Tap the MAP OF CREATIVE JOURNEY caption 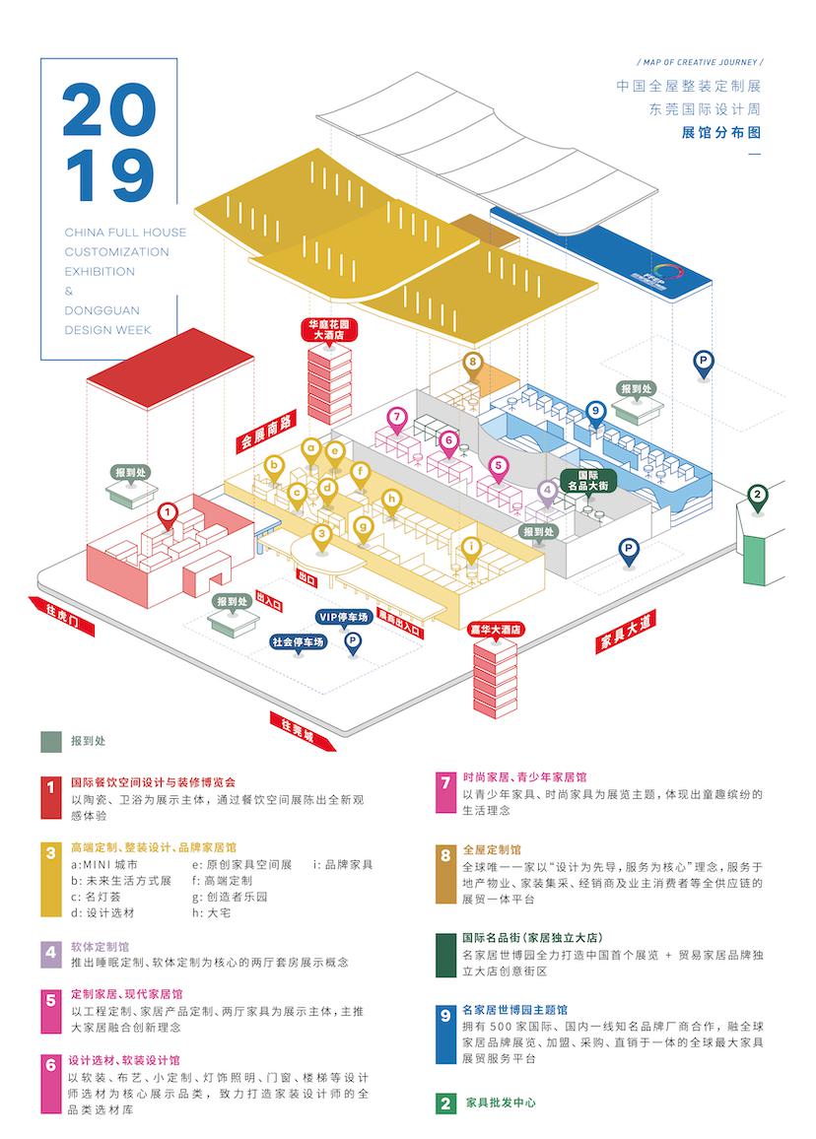[x=700, y=60]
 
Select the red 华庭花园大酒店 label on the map [x=330, y=329]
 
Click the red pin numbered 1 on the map [x=169, y=512]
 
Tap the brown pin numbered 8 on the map [x=474, y=363]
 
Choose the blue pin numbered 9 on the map [x=594, y=411]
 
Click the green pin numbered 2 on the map [x=757, y=496]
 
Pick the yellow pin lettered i [x=471, y=546]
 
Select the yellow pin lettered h [x=392, y=500]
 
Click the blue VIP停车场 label [x=343, y=618]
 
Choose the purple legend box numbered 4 [x=51, y=954]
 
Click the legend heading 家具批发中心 [x=501, y=1103]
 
